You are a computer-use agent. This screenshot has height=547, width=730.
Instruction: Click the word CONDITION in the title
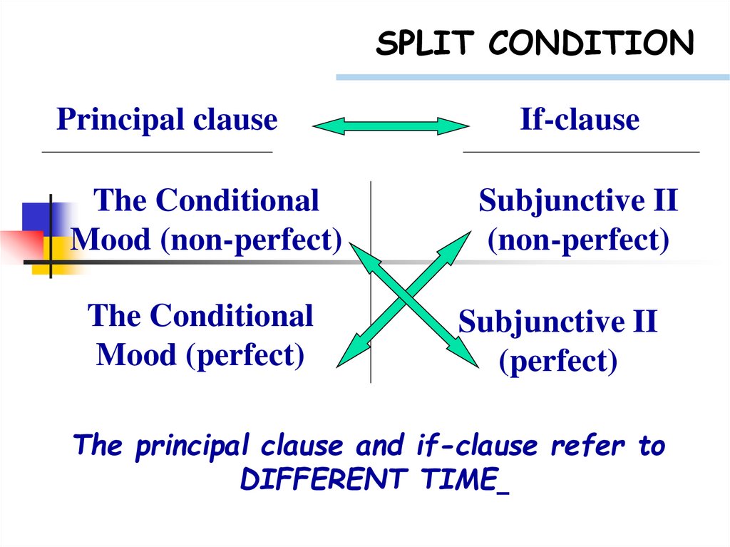click(591, 44)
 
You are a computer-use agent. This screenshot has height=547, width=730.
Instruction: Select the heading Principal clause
click(167, 120)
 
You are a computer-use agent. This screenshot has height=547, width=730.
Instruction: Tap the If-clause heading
click(580, 120)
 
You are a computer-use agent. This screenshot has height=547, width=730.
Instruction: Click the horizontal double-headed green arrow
click(391, 127)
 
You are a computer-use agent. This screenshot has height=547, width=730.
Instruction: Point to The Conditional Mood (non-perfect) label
click(206, 220)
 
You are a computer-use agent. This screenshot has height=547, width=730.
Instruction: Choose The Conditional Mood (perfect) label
click(200, 335)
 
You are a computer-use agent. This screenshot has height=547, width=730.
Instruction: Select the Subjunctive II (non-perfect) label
click(578, 220)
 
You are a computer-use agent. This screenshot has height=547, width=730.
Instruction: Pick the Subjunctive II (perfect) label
click(557, 342)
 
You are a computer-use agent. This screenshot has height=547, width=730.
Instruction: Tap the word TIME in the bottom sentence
click(461, 480)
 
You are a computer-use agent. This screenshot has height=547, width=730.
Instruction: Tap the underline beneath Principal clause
click(158, 152)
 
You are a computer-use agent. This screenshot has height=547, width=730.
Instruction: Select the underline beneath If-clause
click(581, 152)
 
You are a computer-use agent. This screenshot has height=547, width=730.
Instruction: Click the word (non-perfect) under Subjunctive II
click(578, 240)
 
